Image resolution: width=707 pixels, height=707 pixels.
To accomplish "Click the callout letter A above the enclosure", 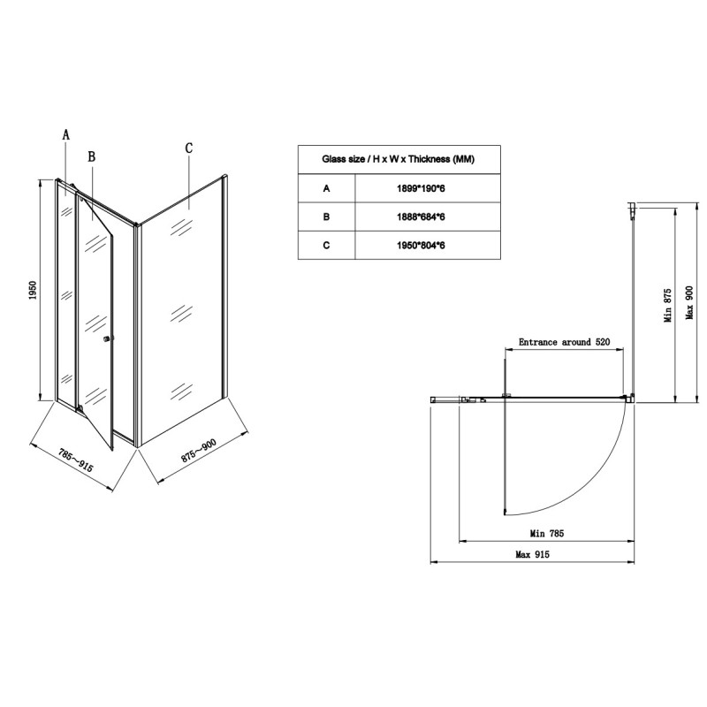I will pos(65,135).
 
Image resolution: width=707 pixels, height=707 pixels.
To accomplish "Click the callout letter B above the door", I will pos(91,156).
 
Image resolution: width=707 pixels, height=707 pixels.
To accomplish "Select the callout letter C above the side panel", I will pos(188,148).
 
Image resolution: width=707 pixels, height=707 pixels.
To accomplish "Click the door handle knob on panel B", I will pos(107,339).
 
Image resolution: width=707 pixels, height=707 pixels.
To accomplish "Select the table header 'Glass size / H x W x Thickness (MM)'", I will pos(399,160).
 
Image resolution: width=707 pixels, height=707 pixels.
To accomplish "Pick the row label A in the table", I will pos(326,188).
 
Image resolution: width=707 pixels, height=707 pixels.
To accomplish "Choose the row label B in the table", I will pos(326,216).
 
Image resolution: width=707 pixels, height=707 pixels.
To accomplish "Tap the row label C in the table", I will pos(326,244).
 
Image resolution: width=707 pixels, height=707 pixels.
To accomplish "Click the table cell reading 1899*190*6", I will pos(427,188).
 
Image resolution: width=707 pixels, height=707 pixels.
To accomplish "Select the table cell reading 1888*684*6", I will pos(427,216).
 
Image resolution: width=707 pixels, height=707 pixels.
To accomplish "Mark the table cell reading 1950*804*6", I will pos(427,244).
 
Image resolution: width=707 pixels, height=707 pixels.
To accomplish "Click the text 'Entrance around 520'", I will pos(565,342).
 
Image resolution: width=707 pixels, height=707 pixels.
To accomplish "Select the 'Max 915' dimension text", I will pos(534,555).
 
